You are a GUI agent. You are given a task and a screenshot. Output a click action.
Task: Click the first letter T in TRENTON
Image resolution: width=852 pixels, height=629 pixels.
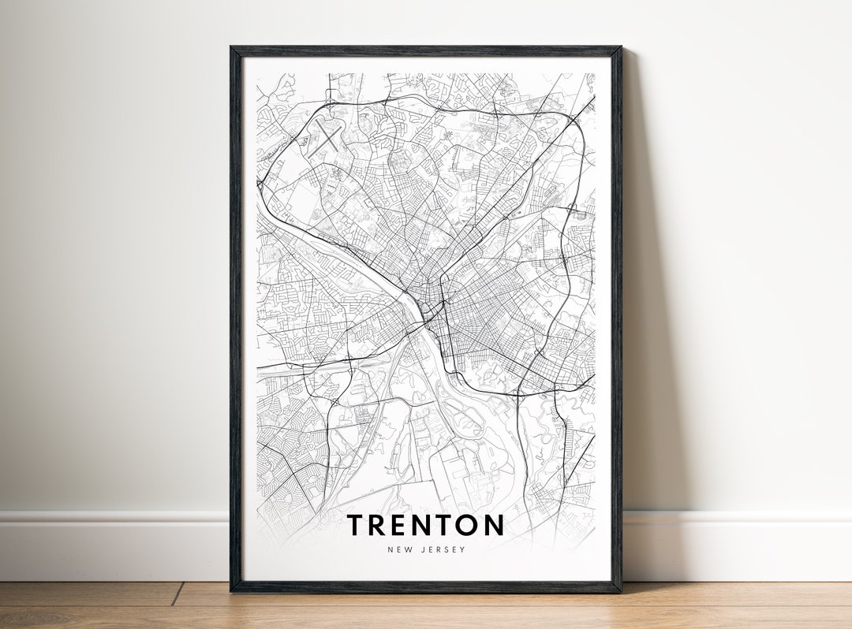pyautogui.click(x=356, y=525)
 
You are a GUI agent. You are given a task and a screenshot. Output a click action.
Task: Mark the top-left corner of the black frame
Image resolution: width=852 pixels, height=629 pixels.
pyautogui.click(x=231, y=48)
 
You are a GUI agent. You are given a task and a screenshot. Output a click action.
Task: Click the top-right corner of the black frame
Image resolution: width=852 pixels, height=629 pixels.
pyautogui.click(x=620, y=48)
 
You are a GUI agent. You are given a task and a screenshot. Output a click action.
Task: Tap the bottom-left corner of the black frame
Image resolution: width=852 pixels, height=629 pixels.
pyautogui.click(x=231, y=590)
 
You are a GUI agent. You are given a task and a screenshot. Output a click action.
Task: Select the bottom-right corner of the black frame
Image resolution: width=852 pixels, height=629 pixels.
pyautogui.click(x=620, y=590)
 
